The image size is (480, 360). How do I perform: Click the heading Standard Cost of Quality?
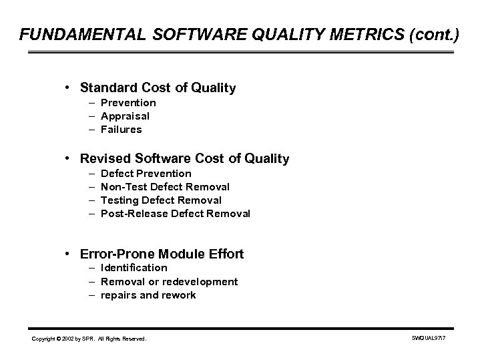tap(158, 87)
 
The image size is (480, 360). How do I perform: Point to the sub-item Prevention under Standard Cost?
tap(128, 103)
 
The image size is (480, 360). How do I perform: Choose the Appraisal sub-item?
tap(125, 116)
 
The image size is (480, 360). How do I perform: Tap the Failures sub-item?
tap(121, 130)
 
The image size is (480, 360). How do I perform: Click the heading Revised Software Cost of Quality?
tap(184, 159)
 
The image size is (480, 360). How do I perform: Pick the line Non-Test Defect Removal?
tap(165, 187)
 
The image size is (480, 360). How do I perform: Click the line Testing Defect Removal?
tap(161, 200)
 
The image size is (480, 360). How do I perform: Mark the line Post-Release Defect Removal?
tap(175, 214)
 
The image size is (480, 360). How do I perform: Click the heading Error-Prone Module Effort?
tap(162, 254)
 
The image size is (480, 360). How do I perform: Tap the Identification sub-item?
tap(134, 268)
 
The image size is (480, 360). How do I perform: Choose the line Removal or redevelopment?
tap(169, 281)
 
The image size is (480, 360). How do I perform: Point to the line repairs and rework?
tap(148, 295)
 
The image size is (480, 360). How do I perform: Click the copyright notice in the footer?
tap(89, 339)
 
